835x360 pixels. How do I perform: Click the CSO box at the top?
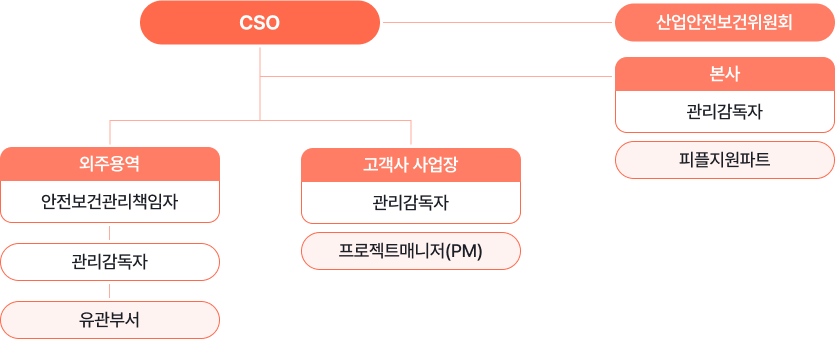[x=260, y=22]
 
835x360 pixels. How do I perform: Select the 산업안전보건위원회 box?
[x=724, y=22]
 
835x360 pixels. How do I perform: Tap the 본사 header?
[x=724, y=73]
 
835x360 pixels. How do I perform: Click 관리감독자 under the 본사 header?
[x=724, y=111]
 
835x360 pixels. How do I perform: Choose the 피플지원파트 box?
[x=724, y=159]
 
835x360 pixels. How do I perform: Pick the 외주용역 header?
[x=110, y=163]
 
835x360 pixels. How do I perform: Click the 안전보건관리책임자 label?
[x=110, y=201]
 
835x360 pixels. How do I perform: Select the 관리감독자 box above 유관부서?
[x=110, y=261]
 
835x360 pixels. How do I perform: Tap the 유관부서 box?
[x=110, y=320]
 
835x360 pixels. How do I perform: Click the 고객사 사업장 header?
[x=410, y=163]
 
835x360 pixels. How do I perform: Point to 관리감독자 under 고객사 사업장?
[x=410, y=201]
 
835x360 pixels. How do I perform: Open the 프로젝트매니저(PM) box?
[x=410, y=250]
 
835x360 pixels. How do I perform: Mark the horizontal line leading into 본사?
[x=440, y=75]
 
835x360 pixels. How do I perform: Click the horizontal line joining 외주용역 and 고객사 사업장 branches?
[x=260, y=121]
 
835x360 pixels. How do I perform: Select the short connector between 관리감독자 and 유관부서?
[x=110, y=291]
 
